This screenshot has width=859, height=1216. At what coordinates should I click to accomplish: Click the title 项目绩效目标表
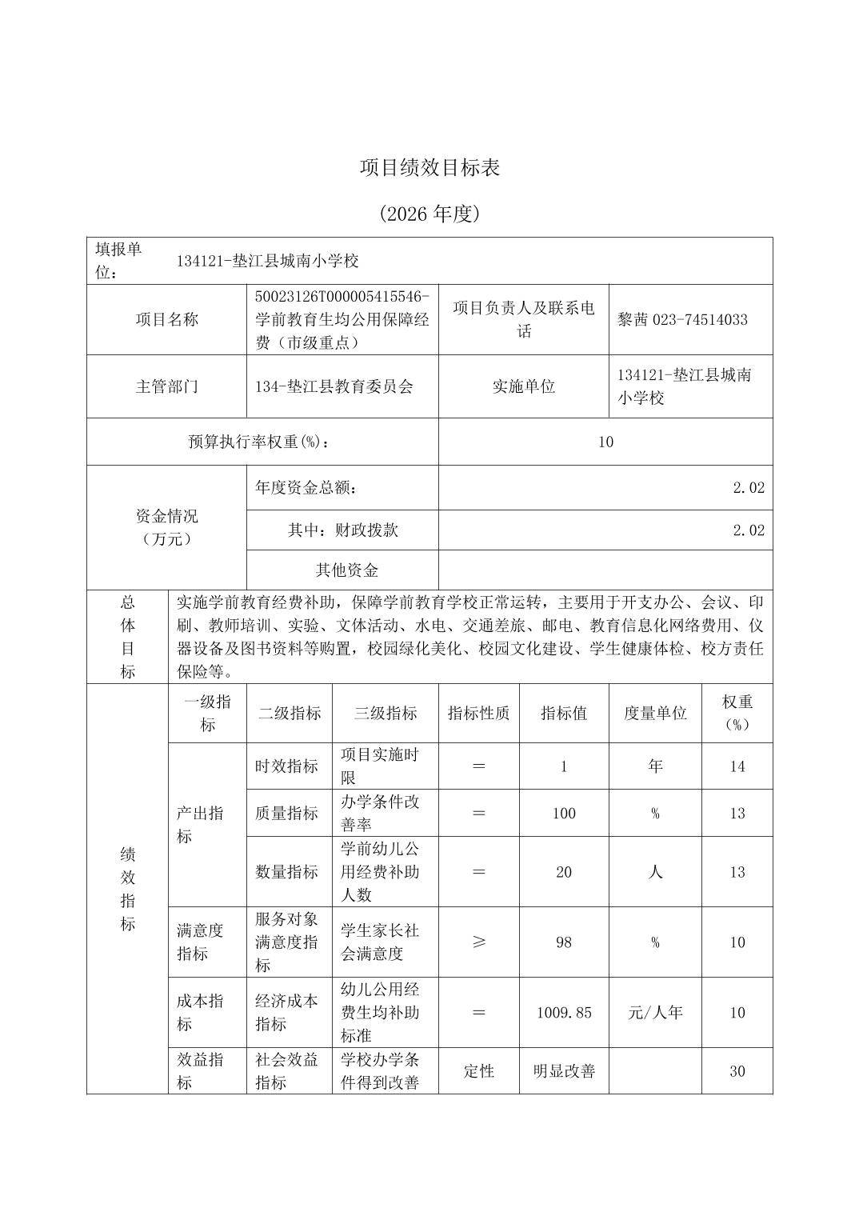[429, 168]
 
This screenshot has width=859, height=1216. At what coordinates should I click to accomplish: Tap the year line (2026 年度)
[429, 214]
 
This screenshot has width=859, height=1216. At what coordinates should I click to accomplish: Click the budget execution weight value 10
[605, 442]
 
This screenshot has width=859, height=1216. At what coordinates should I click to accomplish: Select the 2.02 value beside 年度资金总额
[749, 488]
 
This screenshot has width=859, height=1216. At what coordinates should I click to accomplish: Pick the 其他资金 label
[346, 570]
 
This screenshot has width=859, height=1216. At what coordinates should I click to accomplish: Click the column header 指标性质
[478, 714]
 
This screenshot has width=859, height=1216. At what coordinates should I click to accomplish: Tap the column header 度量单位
[655, 714]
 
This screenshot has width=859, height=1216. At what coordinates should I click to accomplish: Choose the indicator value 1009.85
[564, 1013]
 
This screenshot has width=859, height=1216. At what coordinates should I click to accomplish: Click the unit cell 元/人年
[655, 1013]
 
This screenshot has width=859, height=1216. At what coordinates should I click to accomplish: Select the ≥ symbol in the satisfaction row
[478, 942]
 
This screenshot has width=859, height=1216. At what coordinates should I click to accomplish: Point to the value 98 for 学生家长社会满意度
[564, 942]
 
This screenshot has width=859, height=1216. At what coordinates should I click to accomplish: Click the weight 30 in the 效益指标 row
[737, 1072]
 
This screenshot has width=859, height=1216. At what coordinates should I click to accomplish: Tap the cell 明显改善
[564, 1072]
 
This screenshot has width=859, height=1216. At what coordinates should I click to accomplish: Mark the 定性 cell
[478, 1072]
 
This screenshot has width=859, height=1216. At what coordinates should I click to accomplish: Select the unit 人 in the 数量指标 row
[655, 872]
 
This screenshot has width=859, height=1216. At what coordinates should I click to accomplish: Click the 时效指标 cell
[286, 766]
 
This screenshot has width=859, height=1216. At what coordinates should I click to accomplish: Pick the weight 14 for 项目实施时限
[737, 766]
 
